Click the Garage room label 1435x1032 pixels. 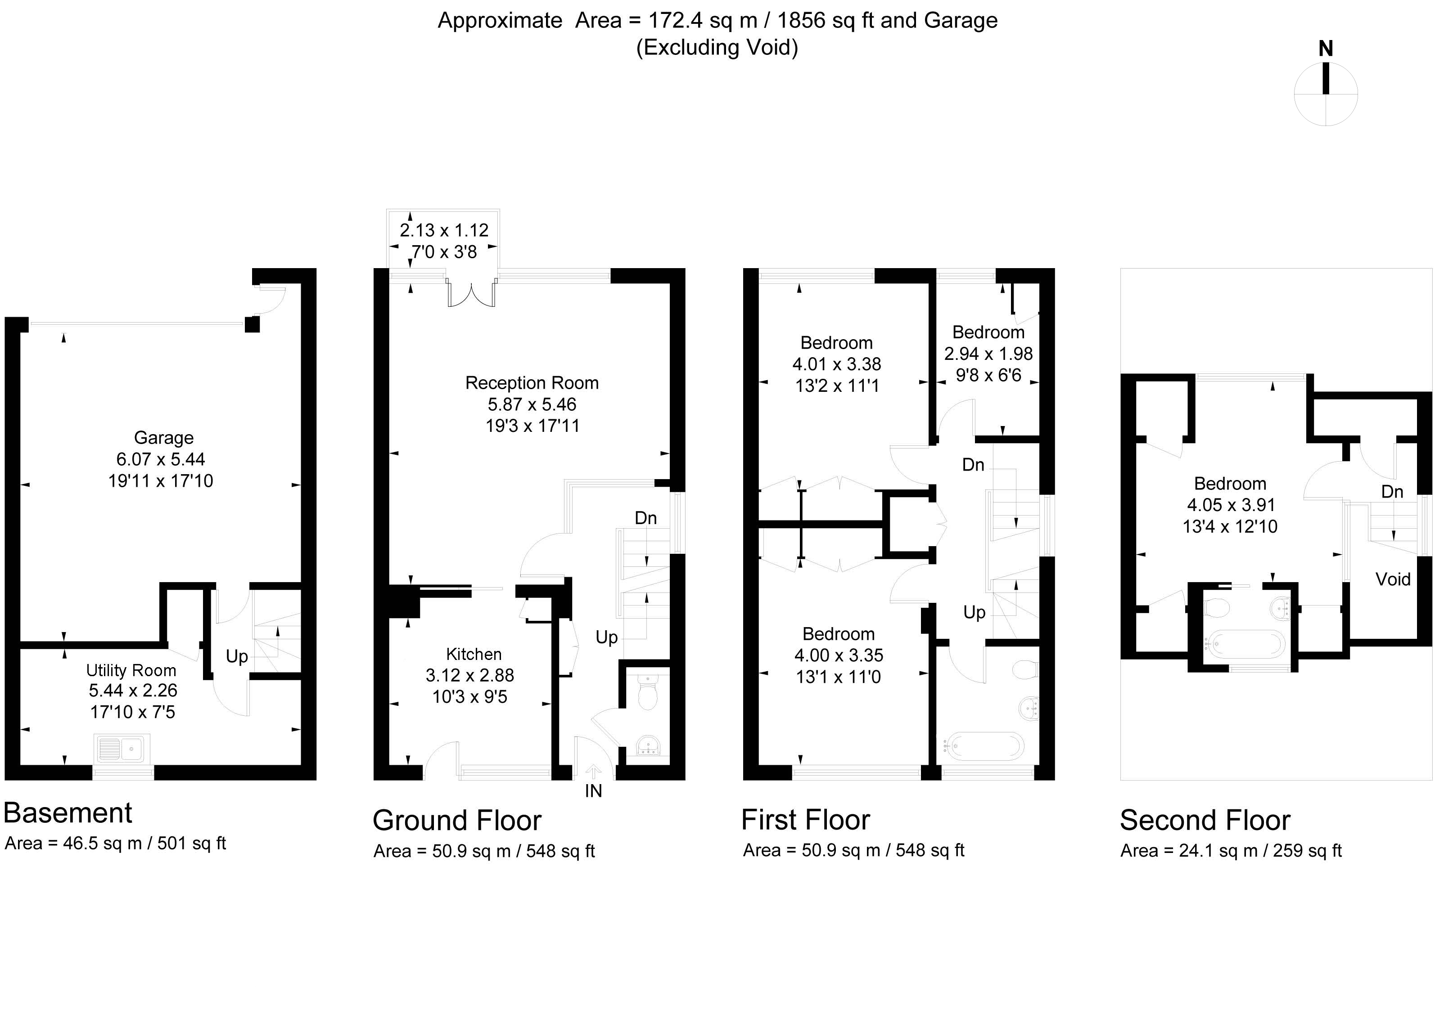[x=163, y=438]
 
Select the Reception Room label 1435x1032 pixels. [x=532, y=382]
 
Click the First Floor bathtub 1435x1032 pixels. [x=984, y=746]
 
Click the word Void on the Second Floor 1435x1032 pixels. [x=1393, y=579]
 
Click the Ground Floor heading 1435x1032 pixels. [x=457, y=821]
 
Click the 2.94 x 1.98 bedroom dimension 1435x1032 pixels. [x=988, y=354]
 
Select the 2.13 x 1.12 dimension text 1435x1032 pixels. [x=444, y=230]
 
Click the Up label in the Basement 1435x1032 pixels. [x=237, y=657]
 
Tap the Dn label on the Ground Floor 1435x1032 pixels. [x=645, y=518]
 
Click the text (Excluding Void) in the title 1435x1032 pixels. [x=717, y=47]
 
